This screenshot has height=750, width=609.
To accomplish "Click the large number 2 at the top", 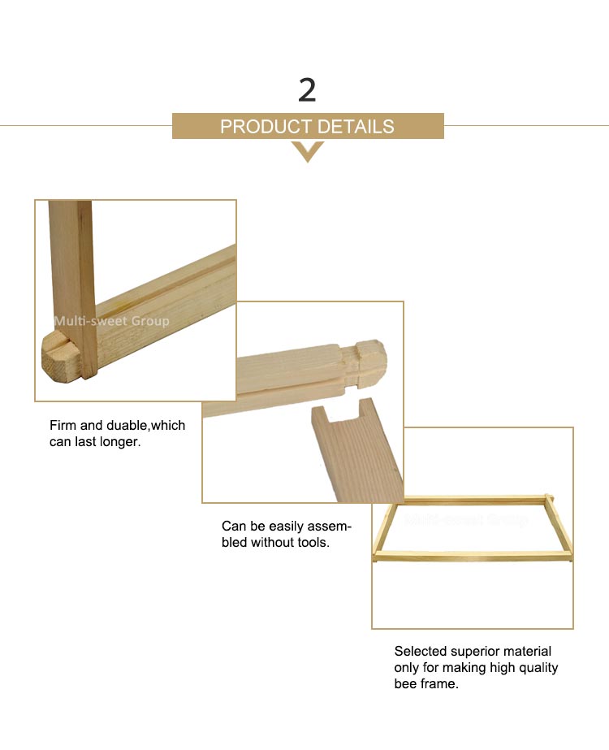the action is click(x=307, y=90).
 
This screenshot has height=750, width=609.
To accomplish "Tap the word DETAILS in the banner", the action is click(x=356, y=127).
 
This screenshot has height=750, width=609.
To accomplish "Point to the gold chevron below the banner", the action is click(x=308, y=152).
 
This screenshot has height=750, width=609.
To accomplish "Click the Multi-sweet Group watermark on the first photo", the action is click(x=111, y=320).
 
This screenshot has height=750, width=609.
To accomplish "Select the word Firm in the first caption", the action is click(x=63, y=425).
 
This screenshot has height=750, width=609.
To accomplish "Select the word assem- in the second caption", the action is click(x=328, y=527).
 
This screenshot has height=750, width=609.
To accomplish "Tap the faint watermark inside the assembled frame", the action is click(x=466, y=519).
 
